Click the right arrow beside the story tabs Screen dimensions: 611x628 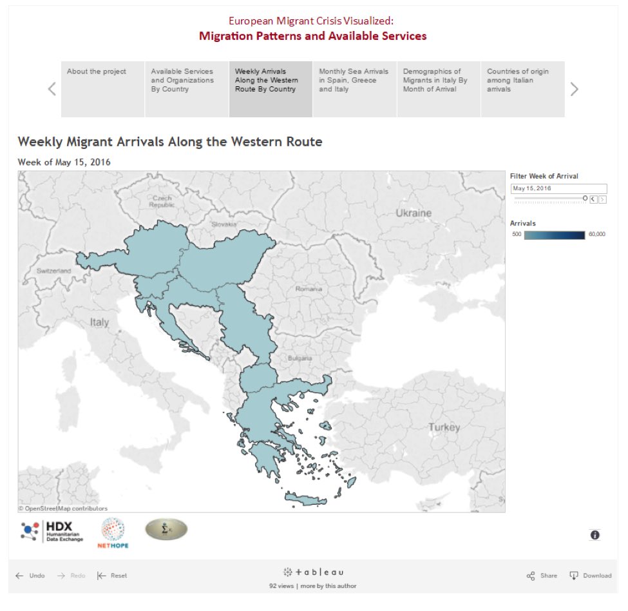[x=575, y=90]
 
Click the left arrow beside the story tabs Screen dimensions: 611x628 [x=52, y=90]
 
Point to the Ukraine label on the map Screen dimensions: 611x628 [x=413, y=213]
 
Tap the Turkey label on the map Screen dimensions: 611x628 [x=444, y=427]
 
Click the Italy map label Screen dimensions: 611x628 [x=100, y=322]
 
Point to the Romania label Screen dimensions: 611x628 [x=309, y=289]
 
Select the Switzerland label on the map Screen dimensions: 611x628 [x=53, y=271]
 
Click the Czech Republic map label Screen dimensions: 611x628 [x=162, y=201]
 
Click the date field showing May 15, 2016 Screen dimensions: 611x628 [x=558, y=188]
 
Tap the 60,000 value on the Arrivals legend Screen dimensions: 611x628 [x=596, y=235]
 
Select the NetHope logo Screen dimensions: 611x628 [x=113, y=532]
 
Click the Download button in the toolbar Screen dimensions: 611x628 [x=590, y=576]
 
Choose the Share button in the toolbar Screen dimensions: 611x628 [x=542, y=576]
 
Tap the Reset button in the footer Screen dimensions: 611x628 [x=112, y=576]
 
